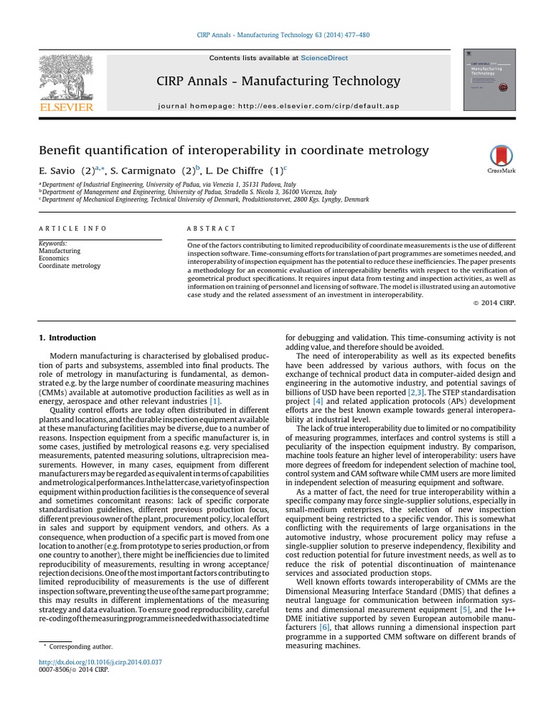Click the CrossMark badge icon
[502, 158]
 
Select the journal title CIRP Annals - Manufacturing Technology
[278, 81]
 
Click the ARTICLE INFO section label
[73, 228]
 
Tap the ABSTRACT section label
[211, 228]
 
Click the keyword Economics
[54, 259]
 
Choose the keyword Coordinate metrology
[70, 267]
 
